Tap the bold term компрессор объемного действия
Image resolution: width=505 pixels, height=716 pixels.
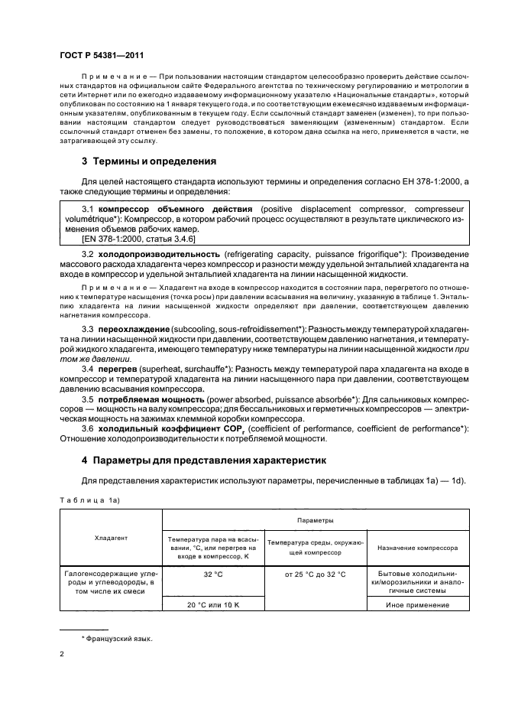(x=173, y=209)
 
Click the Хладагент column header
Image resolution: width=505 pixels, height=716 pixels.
(x=111, y=538)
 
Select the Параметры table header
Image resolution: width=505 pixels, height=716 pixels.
(x=305, y=519)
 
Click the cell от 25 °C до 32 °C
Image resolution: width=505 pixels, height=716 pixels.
(x=315, y=574)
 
